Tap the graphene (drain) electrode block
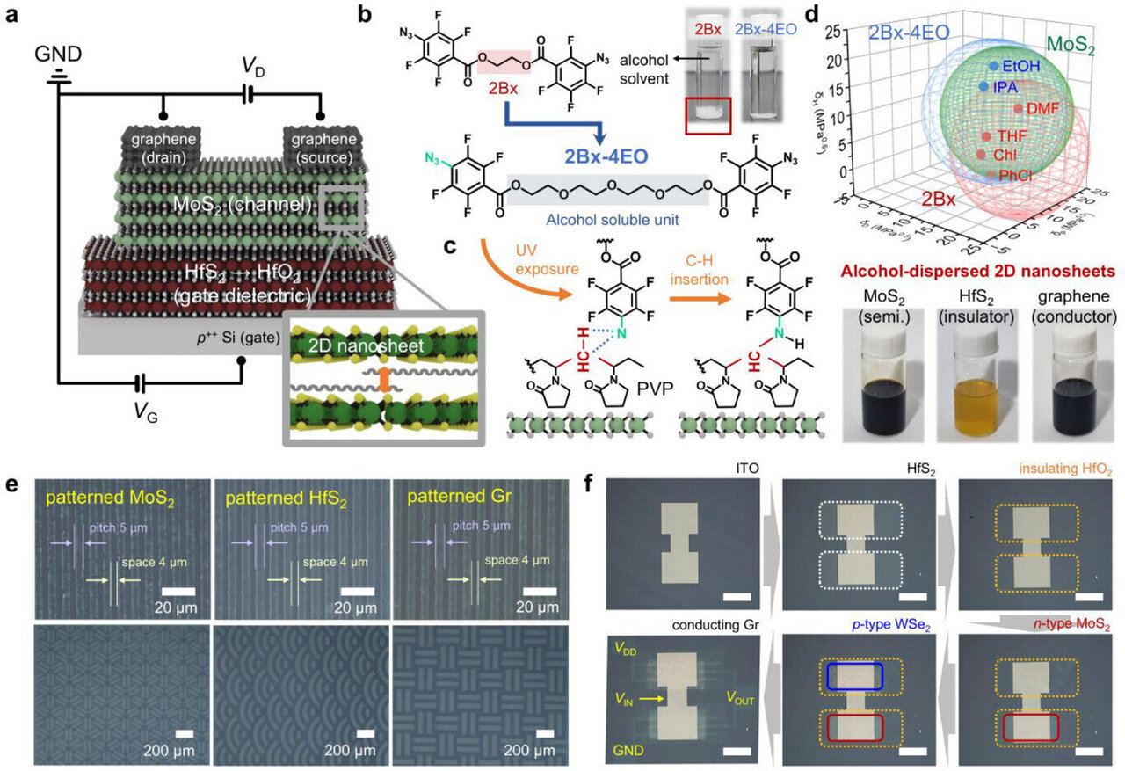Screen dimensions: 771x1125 click(x=162, y=148)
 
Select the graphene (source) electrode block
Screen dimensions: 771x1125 click(x=319, y=148)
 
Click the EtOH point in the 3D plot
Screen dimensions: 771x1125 click(x=994, y=66)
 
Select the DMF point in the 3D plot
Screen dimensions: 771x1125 click(x=1019, y=108)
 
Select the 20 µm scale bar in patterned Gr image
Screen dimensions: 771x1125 click(x=539, y=589)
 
